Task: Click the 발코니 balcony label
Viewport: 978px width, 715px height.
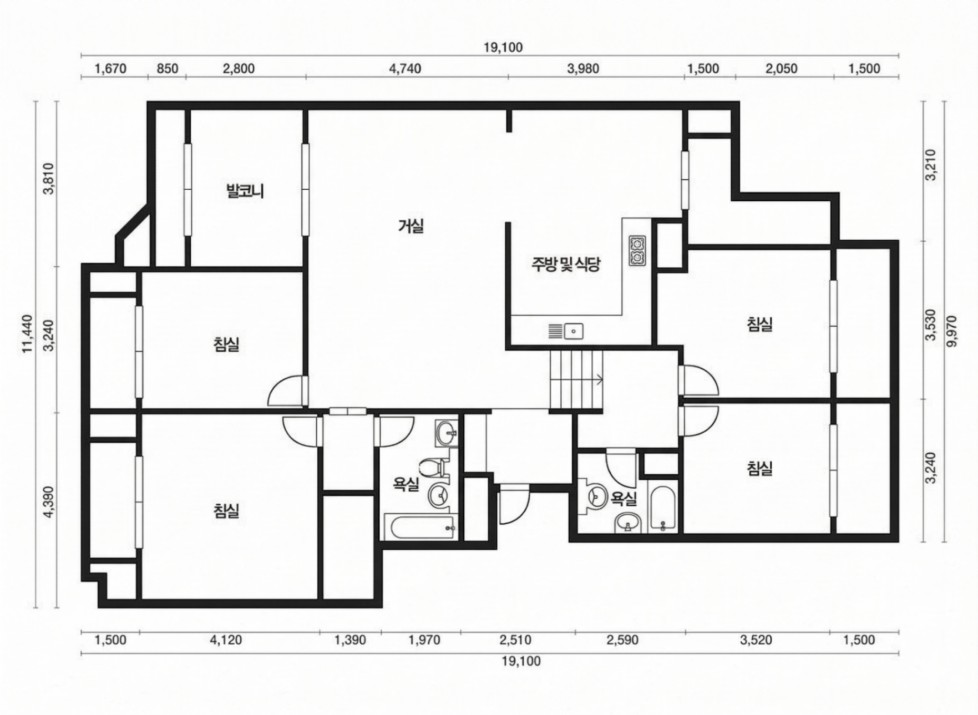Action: (x=245, y=191)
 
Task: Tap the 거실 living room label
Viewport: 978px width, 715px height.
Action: (x=411, y=226)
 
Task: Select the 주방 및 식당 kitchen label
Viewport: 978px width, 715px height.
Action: (x=566, y=264)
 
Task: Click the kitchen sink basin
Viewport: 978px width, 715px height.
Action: (x=574, y=331)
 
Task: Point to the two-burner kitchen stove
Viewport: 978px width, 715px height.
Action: (x=636, y=250)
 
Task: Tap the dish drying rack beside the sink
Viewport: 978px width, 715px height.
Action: (x=555, y=331)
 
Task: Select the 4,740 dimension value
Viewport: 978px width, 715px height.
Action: (x=405, y=69)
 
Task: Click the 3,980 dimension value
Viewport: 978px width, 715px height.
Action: (x=583, y=69)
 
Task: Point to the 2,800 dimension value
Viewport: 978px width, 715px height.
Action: (x=239, y=69)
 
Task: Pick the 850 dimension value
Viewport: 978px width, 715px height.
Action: (x=168, y=69)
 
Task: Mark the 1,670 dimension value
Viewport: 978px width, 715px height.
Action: (x=111, y=69)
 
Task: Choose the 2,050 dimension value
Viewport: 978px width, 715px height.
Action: (x=782, y=69)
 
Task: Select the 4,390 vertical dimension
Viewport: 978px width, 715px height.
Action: (x=49, y=503)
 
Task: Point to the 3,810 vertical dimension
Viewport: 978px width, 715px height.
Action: (x=49, y=179)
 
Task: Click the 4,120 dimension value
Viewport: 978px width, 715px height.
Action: (x=226, y=640)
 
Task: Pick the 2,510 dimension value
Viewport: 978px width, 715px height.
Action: (x=515, y=640)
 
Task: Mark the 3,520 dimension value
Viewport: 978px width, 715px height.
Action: (x=756, y=640)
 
